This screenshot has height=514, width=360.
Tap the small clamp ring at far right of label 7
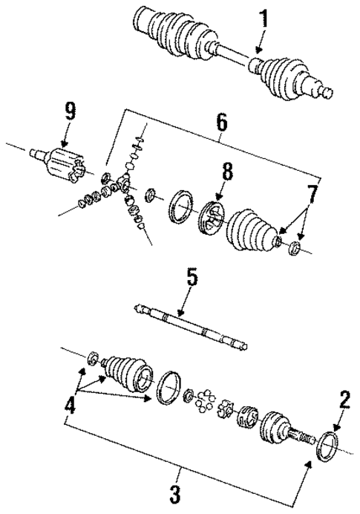pos(295,247)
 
